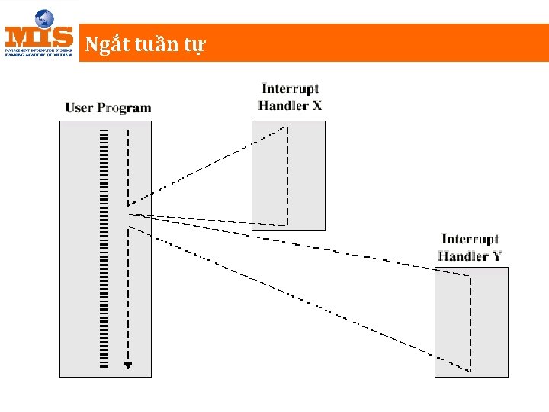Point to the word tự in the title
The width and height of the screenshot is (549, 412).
195,46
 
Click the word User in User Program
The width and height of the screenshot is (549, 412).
79,108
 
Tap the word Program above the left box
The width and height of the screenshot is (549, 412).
124,108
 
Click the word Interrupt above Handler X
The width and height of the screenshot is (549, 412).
290,89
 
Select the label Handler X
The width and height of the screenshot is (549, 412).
290,105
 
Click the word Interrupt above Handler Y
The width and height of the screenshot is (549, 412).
470,240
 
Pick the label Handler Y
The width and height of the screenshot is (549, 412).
470,256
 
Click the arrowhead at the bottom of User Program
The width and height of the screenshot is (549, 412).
128,365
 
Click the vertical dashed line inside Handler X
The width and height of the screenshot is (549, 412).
287,175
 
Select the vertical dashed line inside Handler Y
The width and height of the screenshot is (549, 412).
470,320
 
